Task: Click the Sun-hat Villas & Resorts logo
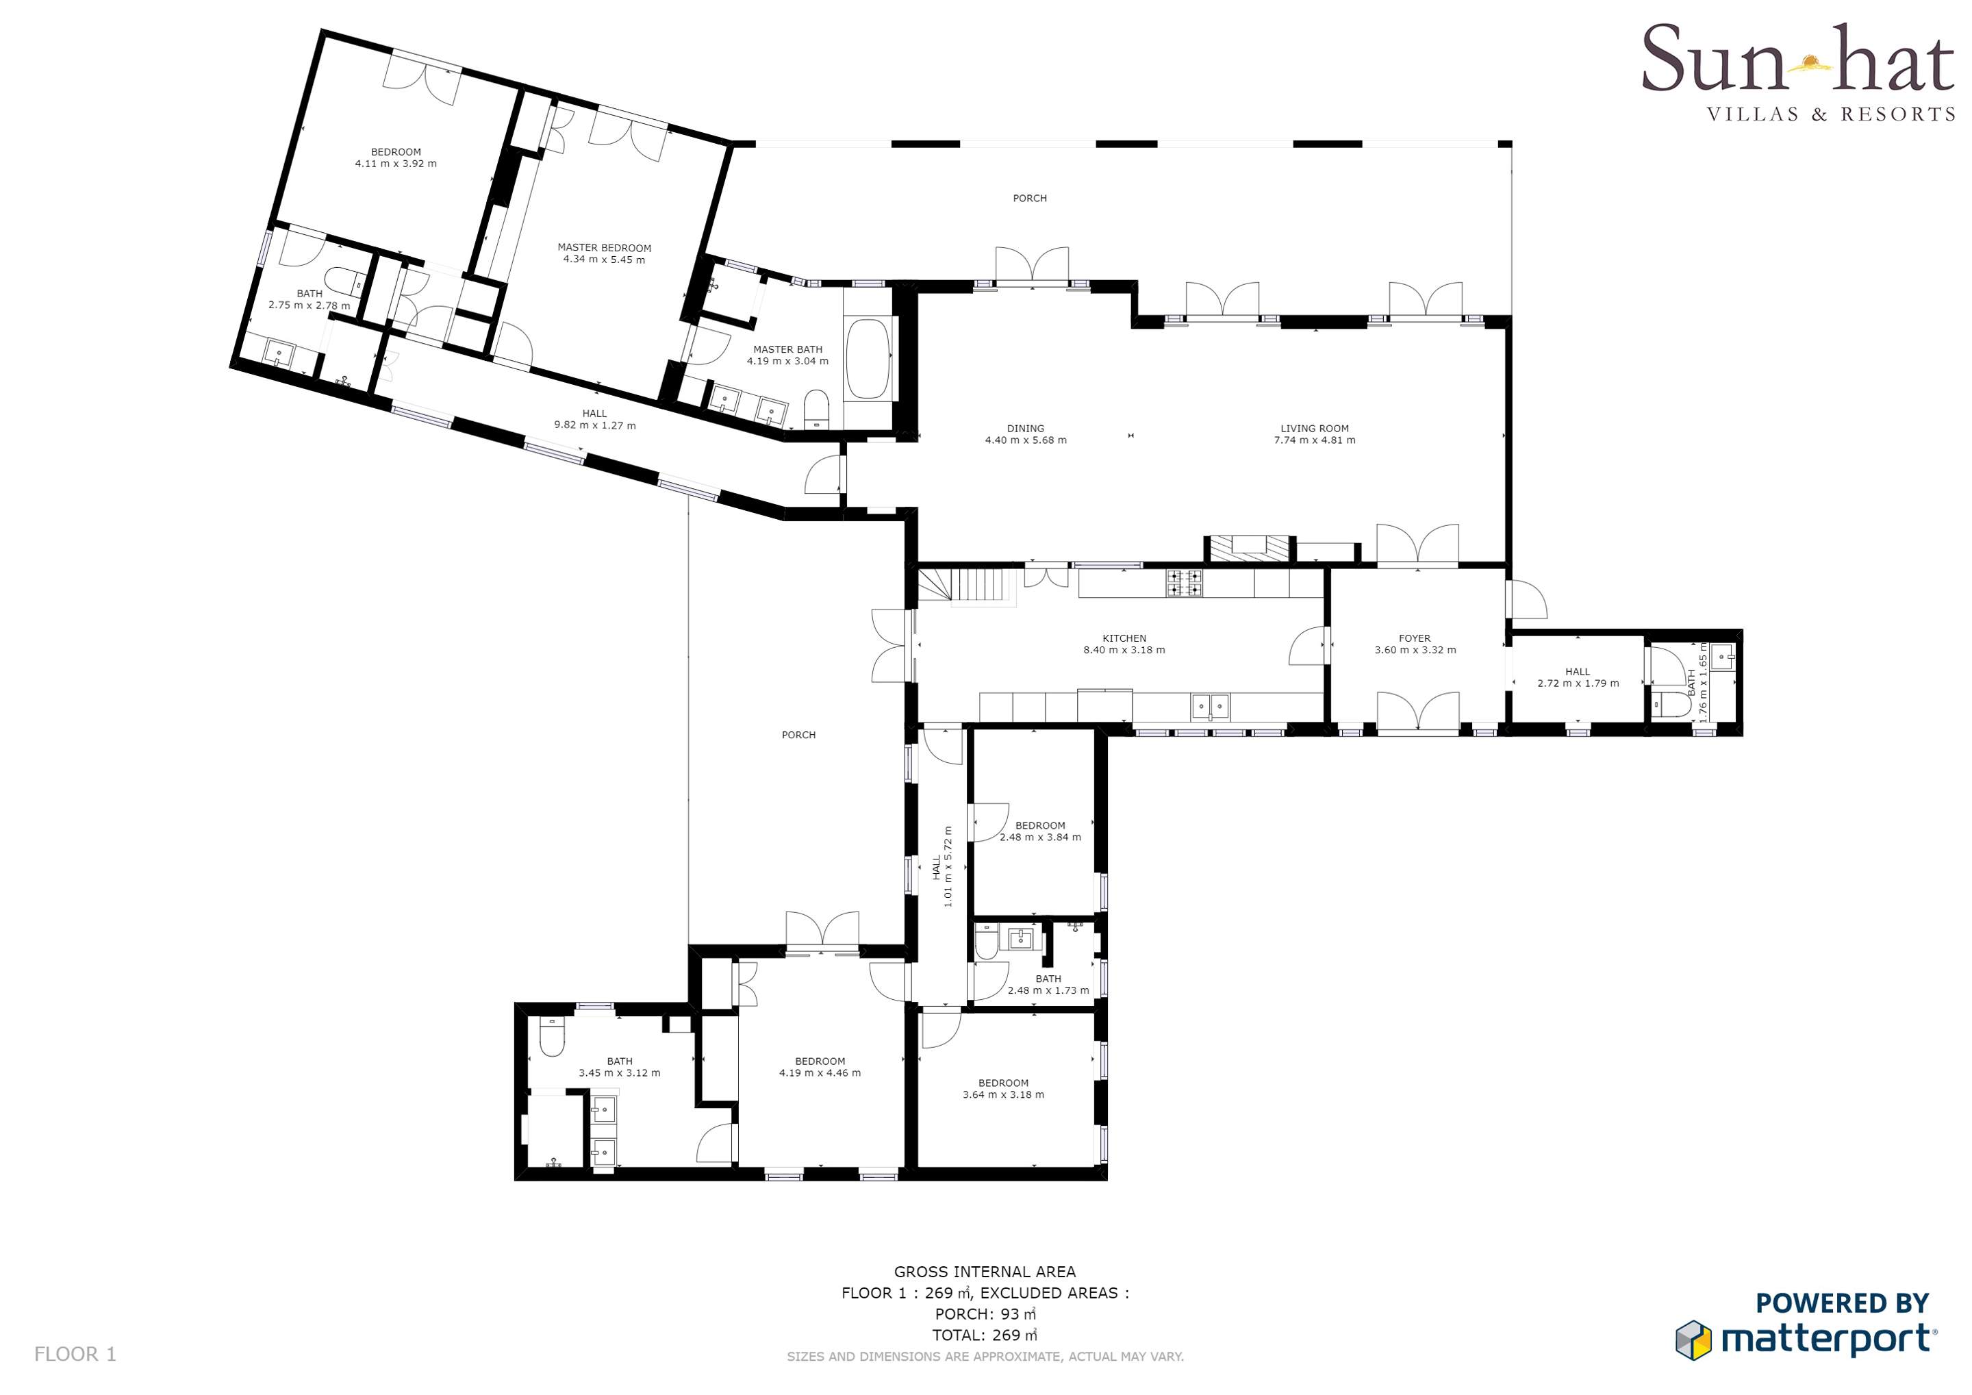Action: click(x=1797, y=73)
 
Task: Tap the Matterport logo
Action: click(x=1807, y=1327)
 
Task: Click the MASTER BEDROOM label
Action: click(x=605, y=248)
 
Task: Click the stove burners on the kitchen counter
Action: click(x=1185, y=583)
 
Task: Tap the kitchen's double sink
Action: click(x=1209, y=707)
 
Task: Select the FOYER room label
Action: click(x=1415, y=638)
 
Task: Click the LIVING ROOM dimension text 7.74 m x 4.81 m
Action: click(x=1314, y=440)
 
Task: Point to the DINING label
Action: click(x=1026, y=429)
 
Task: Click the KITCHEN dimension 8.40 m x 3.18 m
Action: click(x=1124, y=651)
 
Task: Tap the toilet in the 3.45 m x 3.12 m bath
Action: click(x=551, y=1037)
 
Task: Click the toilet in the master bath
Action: click(x=816, y=410)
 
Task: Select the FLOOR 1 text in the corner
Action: click(x=75, y=1355)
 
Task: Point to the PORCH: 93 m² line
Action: click(x=985, y=1314)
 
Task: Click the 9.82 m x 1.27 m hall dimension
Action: click(x=595, y=425)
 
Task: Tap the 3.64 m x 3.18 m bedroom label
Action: click(x=1003, y=1089)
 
